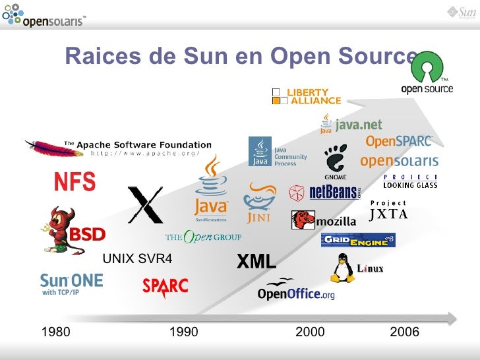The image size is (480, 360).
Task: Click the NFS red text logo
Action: point(75,181)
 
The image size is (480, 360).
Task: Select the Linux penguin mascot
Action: point(342,268)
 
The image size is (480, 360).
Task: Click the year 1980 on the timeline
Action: point(55,332)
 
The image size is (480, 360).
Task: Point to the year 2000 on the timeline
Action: point(310,332)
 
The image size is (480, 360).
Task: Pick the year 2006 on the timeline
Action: point(404,332)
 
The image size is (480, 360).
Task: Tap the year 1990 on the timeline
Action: point(184,332)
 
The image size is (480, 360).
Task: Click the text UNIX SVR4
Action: point(138,258)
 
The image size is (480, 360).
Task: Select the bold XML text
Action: point(256,262)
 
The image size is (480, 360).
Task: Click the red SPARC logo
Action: point(165,285)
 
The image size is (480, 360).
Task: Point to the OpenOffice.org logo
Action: point(296,290)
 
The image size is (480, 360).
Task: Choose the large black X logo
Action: point(145,204)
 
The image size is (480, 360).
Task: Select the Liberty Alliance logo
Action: point(307,96)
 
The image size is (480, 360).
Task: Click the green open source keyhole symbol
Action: point(426,66)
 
